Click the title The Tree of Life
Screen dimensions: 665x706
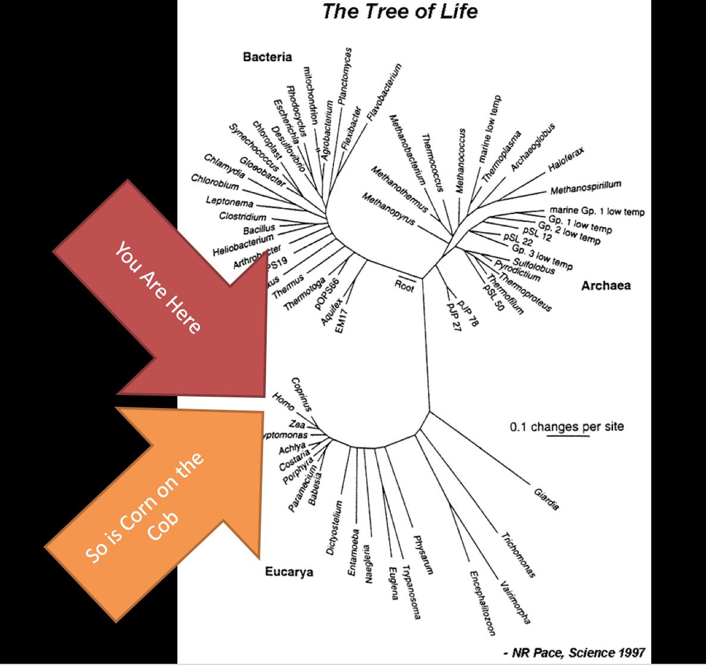tap(399, 12)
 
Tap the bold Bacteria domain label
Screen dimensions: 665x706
tap(267, 57)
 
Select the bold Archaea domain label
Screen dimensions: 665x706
tap(605, 286)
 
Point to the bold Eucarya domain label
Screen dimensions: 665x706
tap(289, 572)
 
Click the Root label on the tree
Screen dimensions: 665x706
tap(404, 285)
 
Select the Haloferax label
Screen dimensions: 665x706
tap(567, 160)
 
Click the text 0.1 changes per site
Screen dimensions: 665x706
tap(567, 426)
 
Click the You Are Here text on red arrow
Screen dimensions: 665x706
tap(158, 287)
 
